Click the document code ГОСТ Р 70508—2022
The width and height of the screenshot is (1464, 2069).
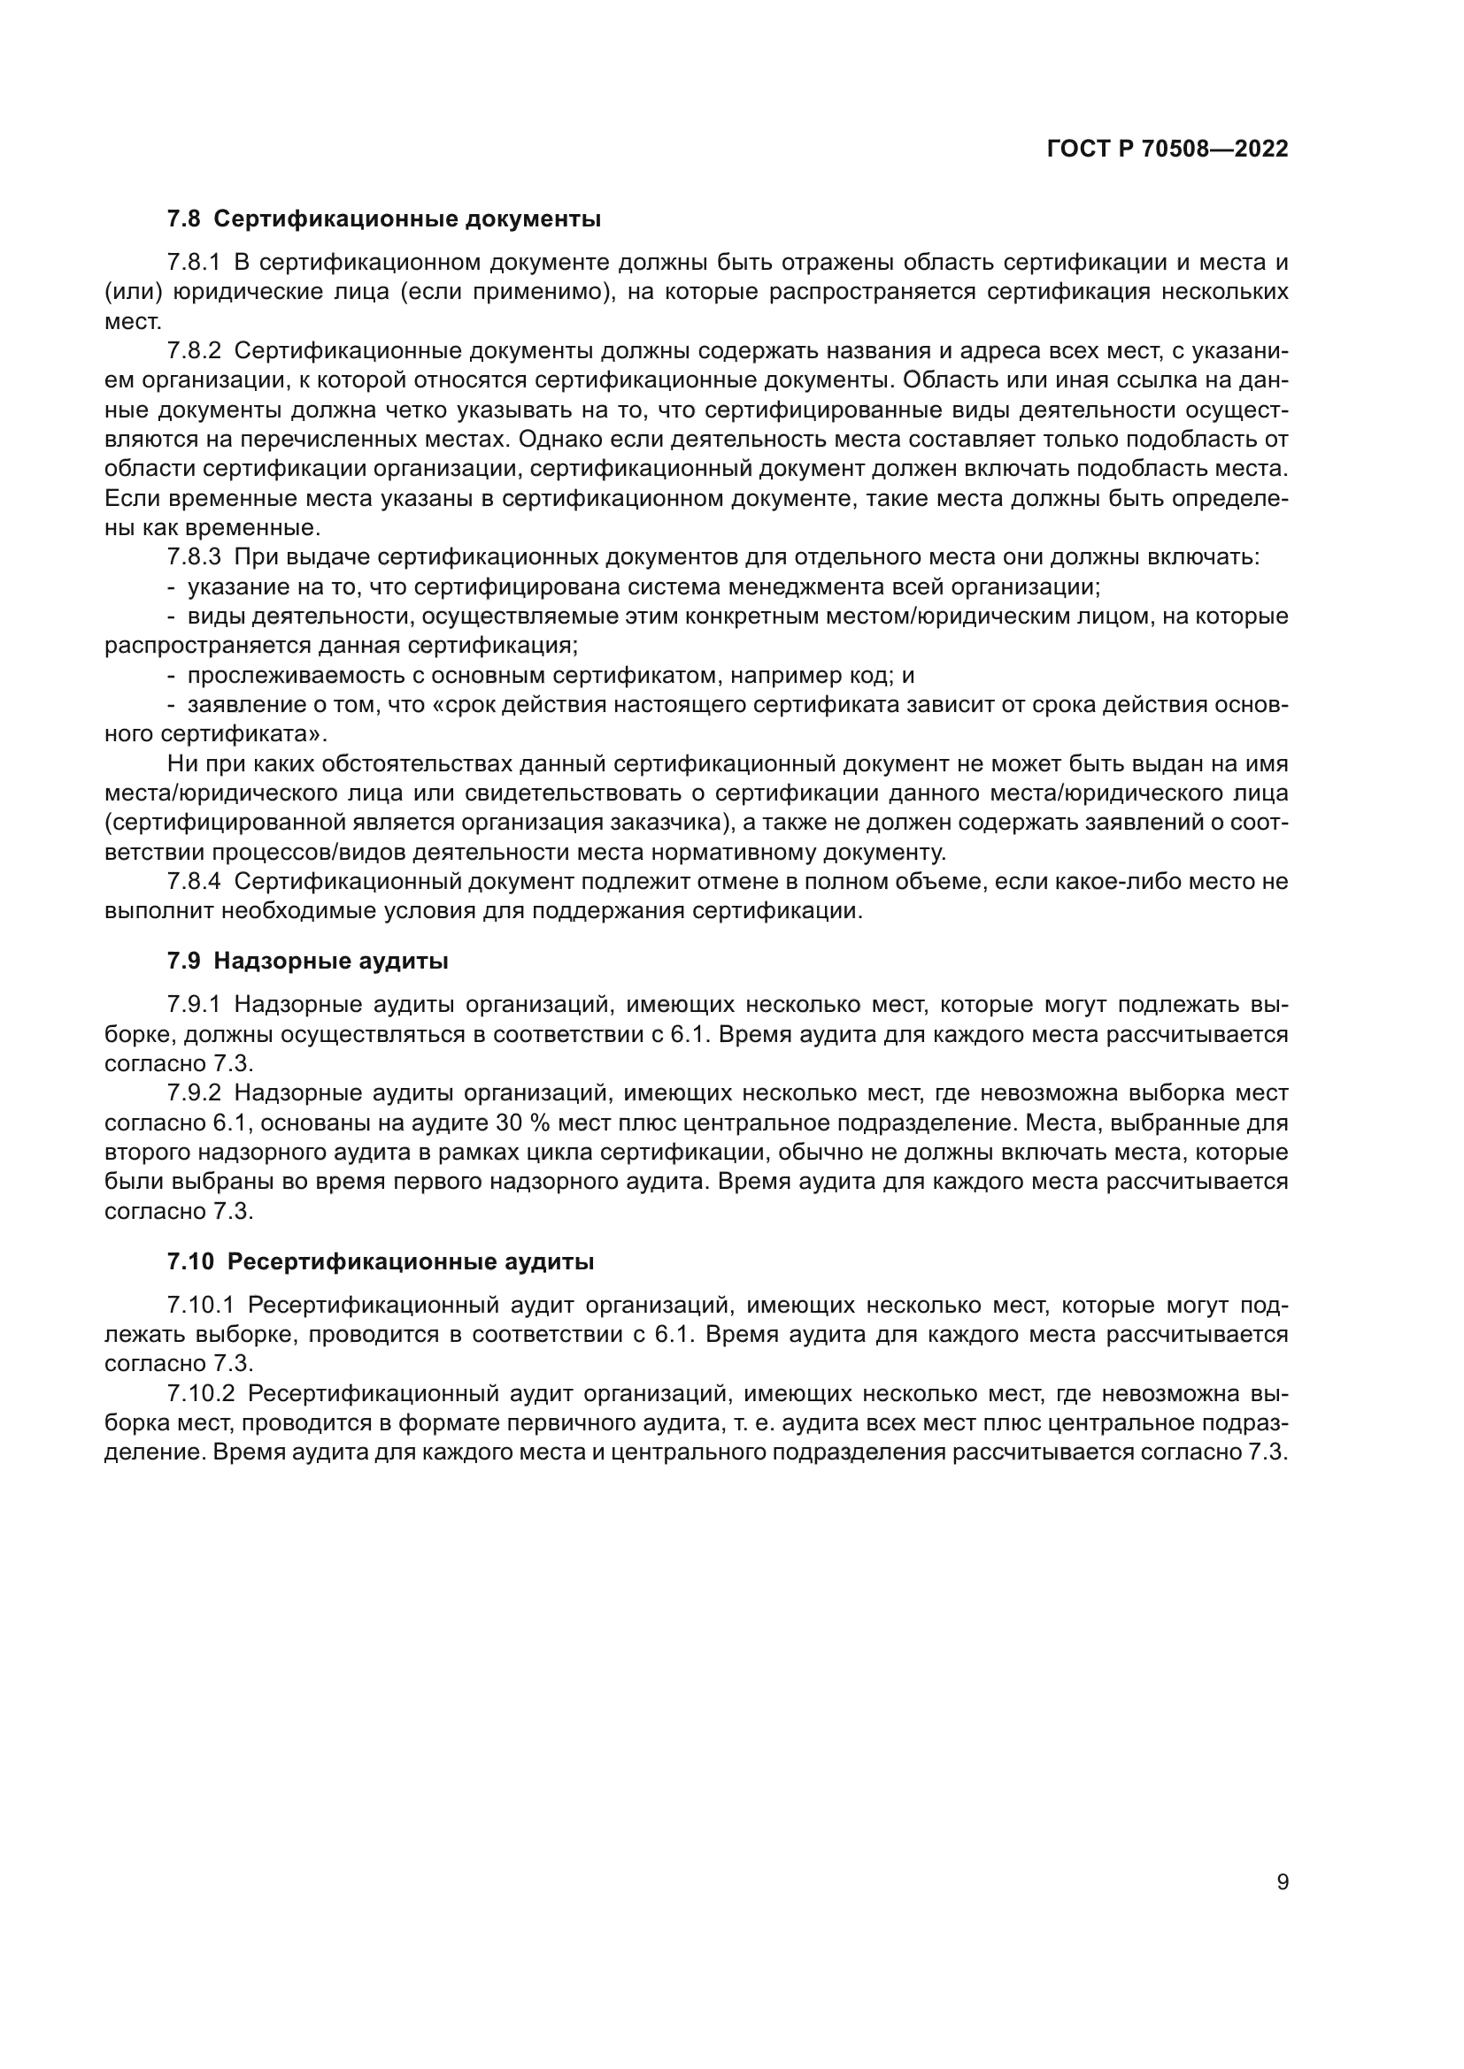click(x=1167, y=149)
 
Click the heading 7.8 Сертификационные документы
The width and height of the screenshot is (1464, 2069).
click(x=384, y=219)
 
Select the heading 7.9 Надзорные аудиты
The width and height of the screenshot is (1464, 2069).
click(x=307, y=961)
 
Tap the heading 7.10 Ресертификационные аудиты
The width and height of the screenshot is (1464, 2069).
click(x=381, y=1261)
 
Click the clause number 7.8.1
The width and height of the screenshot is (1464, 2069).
click(x=194, y=263)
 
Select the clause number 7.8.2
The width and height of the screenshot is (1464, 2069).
click(x=194, y=351)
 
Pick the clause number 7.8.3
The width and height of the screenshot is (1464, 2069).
click(x=194, y=557)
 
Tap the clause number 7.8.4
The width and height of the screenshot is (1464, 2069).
click(x=194, y=881)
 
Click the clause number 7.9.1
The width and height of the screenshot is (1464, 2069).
click(x=194, y=1005)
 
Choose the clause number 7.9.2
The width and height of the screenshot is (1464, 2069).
click(x=194, y=1093)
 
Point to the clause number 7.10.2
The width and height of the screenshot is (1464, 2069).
click(x=200, y=1393)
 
